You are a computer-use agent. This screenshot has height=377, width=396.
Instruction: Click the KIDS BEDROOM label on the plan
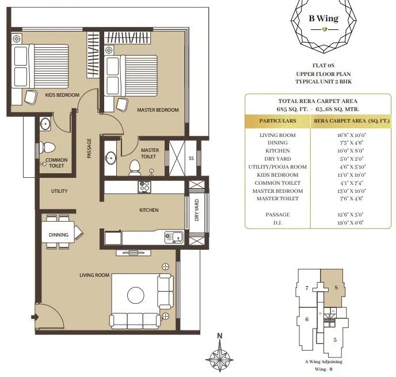pyautogui.click(x=62, y=94)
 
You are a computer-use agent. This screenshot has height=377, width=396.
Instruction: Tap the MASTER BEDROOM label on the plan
pyautogui.click(x=157, y=109)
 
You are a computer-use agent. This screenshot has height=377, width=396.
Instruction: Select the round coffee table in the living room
pyautogui.click(x=136, y=295)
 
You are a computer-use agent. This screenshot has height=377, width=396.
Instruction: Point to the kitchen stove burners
pyautogui.click(x=143, y=186)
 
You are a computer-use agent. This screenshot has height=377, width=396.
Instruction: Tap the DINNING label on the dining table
pyautogui.click(x=58, y=235)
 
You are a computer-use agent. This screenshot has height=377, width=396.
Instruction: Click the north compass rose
pyautogui.click(x=219, y=356)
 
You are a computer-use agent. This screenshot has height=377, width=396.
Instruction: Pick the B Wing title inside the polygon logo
pyautogui.click(x=323, y=18)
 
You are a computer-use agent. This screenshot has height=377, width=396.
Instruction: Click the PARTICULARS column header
pyautogui.click(x=277, y=121)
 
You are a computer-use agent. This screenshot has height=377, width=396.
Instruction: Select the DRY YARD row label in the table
pyautogui.click(x=277, y=159)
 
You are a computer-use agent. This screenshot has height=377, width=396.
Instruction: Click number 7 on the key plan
pyautogui.click(x=307, y=288)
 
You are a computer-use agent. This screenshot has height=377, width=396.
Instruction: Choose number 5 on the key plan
pyautogui.click(x=335, y=340)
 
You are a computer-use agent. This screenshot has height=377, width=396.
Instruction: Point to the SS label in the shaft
pyautogui.click(x=191, y=158)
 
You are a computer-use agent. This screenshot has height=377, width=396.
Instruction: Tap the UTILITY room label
pyautogui.click(x=59, y=191)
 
